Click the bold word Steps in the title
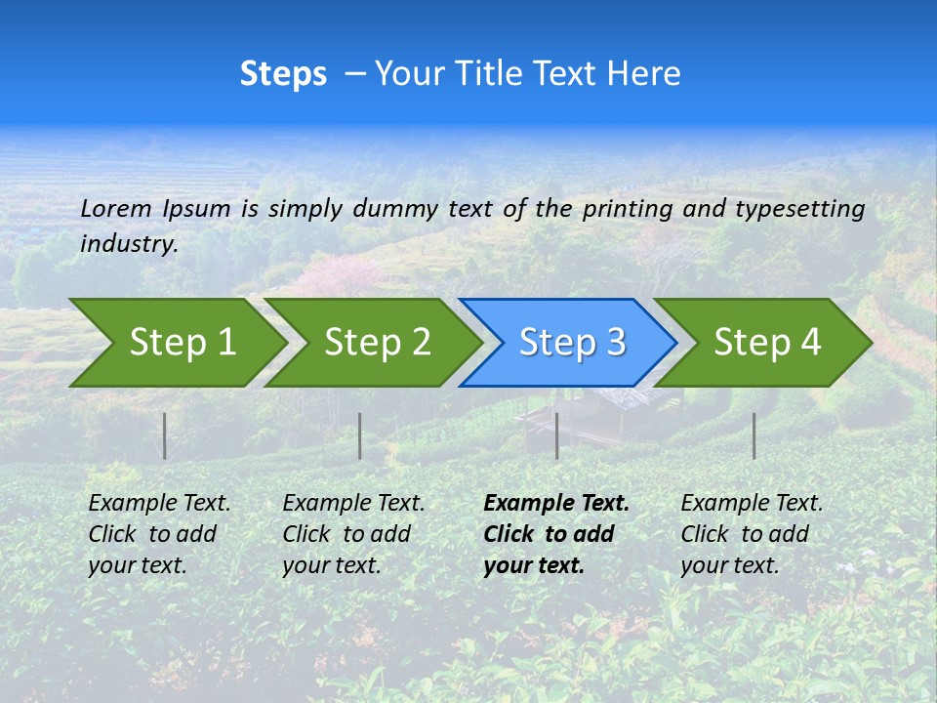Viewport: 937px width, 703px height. (x=283, y=74)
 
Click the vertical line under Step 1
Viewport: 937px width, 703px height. (x=165, y=435)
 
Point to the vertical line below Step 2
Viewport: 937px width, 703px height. (x=360, y=435)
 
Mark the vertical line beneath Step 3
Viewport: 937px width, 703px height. (x=556, y=435)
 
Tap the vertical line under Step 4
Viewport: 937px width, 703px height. (x=754, y=435)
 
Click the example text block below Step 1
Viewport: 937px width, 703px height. (x=159, y=534)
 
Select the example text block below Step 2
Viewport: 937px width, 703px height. (x=353, y=534)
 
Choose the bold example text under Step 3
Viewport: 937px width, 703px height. (x=556, y=534)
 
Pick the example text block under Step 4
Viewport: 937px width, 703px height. (x=752, y=534)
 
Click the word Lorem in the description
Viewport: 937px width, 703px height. (x=116, y=208)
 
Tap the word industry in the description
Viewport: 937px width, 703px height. (x=129, y=244)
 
